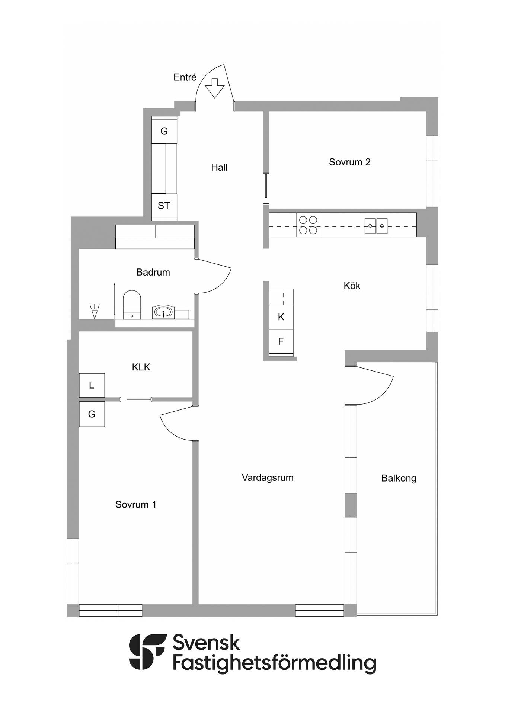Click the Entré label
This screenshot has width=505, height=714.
click(x=185, y=77)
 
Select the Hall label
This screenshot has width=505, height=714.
click(x=219, y=167)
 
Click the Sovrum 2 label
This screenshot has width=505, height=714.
click(x=350, y=162)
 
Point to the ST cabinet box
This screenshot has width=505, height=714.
click(x=164, y=206)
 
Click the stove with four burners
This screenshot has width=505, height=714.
click(x=308, y=225)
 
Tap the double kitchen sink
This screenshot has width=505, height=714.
click(x=376, y=226)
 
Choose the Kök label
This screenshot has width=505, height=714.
click(x=352, y=286)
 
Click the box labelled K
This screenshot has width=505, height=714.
click(x=281, y=317)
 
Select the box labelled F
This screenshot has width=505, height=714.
click(x=281, y=341)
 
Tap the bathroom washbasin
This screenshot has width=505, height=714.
click(x=163, y=312)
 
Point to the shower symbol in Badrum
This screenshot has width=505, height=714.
click(x=95, y=312)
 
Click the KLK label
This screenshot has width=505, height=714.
click(x=141, y=367)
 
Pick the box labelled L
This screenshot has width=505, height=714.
click(x=92, y=385)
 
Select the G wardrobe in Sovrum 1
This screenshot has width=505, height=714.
click(x=92, y=414)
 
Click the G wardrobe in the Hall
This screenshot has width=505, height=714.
click(x=164, y=131)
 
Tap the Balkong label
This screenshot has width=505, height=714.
click(x=399, y=478)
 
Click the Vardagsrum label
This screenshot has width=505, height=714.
click(x=268, y=478)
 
